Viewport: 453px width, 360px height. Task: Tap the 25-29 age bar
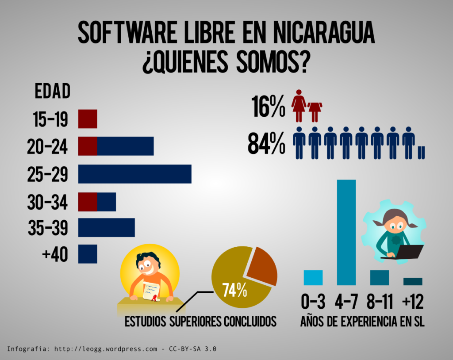[134, 174]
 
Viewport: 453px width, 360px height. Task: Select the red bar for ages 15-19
[88, 119]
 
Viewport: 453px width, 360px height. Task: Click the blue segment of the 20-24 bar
[125, 146]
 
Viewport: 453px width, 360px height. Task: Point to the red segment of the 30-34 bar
[88, 202]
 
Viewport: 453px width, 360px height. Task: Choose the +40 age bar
[88, 254]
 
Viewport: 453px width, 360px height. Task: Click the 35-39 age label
[47, 228]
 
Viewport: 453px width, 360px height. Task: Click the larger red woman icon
[299, 106]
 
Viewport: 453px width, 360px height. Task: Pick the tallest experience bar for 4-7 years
[346, 232]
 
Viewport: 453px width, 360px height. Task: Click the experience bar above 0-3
[313, 277]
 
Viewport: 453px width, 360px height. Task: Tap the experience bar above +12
[413, 281]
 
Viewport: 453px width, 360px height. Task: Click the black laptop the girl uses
[409, 252]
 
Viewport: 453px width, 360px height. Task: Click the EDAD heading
[52, 92]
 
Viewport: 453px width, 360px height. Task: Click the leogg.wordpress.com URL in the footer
[106, 349]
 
